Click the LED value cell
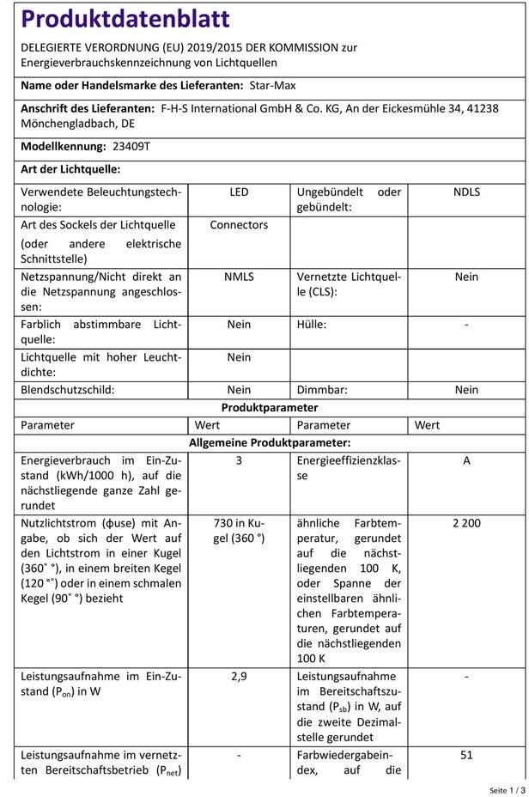239,192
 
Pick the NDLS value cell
466,192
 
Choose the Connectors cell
239,225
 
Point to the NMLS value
239,277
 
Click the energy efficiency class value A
466,460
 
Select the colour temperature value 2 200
466,523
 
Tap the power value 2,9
239,677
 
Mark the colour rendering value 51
466,755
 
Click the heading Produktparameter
270,408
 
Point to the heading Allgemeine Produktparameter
270,442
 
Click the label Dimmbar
322,390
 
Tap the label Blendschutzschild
79,390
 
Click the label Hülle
312,325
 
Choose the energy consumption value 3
239,460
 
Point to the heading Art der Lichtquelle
70,169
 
